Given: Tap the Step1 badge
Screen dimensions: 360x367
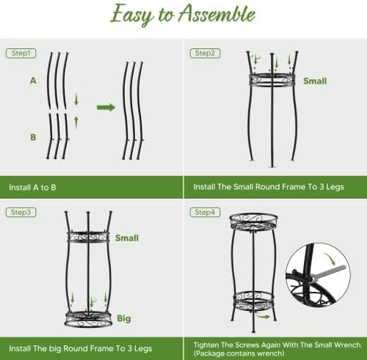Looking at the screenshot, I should pos(21,53).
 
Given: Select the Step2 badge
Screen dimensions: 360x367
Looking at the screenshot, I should pos(205,53).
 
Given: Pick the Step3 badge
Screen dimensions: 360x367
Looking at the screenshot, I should pos(21,213).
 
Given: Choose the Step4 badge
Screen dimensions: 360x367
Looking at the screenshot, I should pos(205,213).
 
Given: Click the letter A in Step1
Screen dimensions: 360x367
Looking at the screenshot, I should pos(33,81).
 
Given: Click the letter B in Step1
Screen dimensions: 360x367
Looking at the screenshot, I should pos(33,137).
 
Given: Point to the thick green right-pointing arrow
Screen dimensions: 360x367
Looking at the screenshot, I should pos(106,107).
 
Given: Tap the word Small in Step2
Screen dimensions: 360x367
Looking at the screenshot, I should pos(314,81).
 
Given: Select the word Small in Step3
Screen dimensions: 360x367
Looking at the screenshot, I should pos(127,238).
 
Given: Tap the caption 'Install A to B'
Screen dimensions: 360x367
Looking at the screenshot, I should pos(32,187).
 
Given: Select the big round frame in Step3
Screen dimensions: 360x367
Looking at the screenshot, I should pos(88,318).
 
